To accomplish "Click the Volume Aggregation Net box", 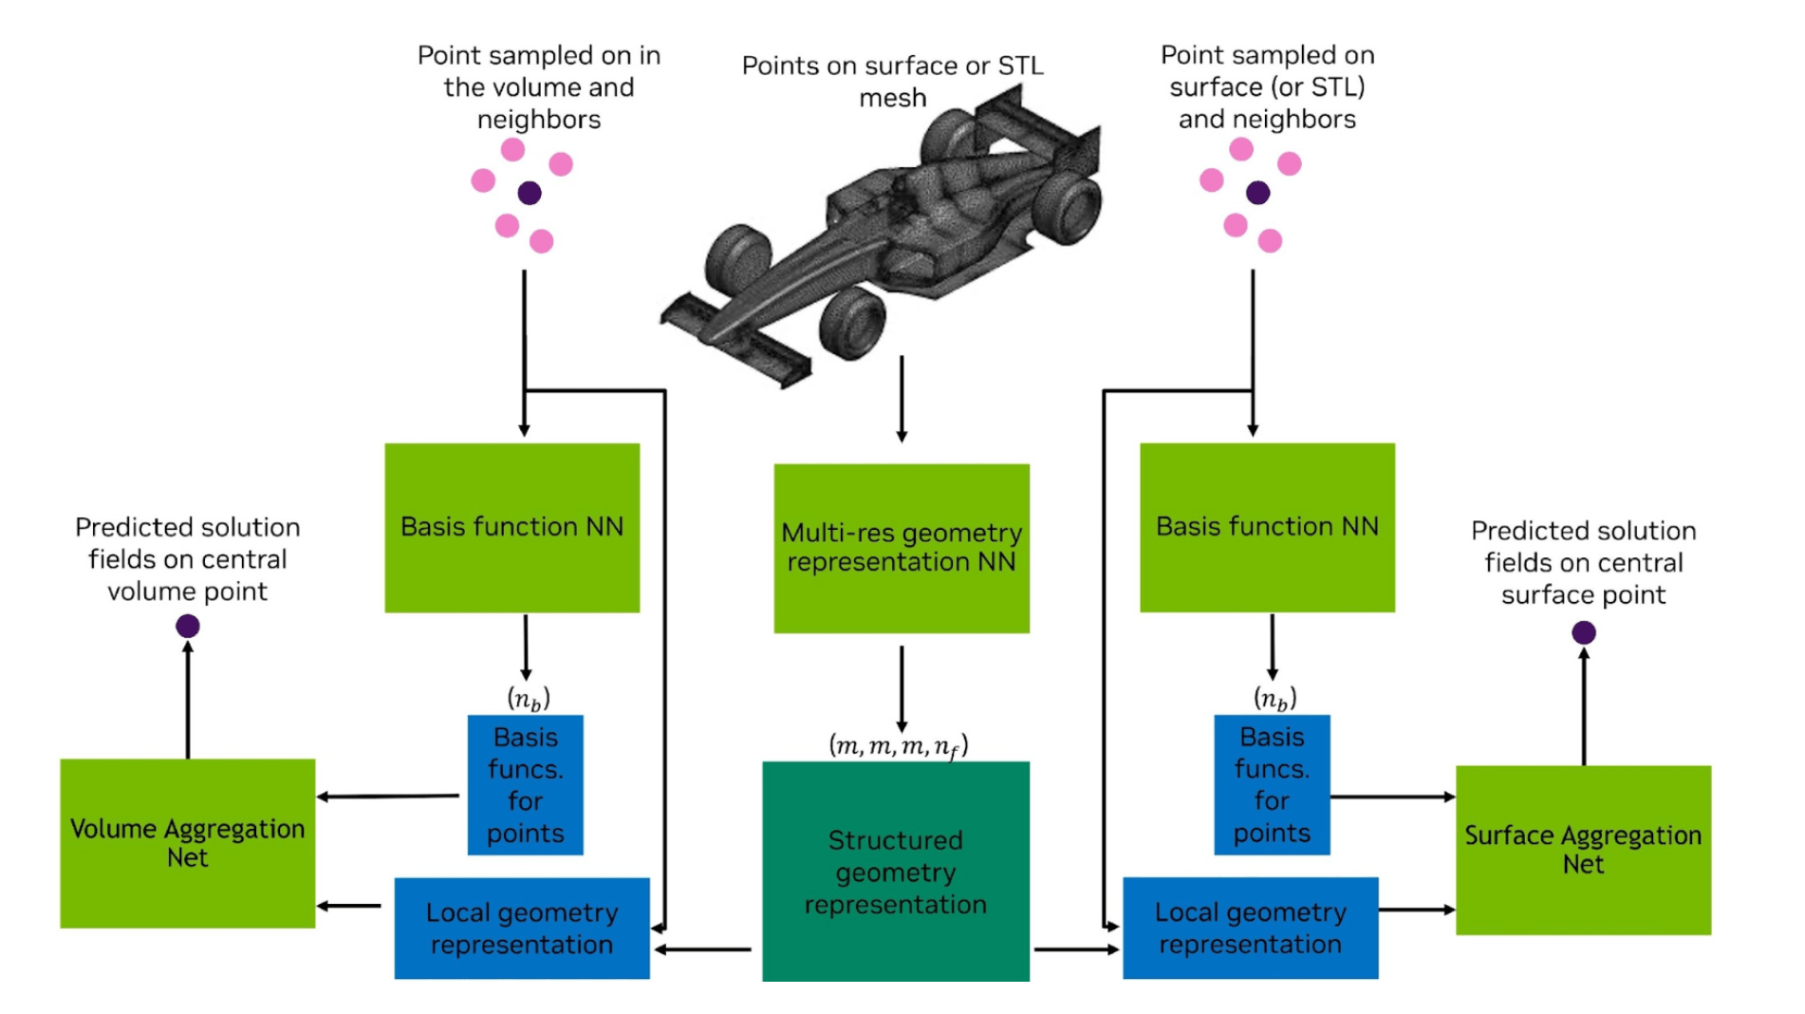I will click(x=187, y=843).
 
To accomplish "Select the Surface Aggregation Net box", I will click(x=1583, y=850).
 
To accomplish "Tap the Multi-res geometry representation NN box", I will click(x=901, y=548).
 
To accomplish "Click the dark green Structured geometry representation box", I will click(x=895, y=871).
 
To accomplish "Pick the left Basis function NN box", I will click(x=512, y=527).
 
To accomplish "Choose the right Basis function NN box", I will click(x=1267, y=527).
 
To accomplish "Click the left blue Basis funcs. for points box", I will click(x=525, y=784).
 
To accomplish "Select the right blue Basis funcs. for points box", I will click(x=1272, y=784).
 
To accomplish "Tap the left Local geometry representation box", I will click(x=521, y=928).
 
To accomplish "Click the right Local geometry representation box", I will click(x=1250, y=928).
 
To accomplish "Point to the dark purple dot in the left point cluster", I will click(x=530, y=193).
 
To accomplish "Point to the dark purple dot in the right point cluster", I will click(x=1257, y=193).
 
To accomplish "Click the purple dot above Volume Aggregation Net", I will click(x=188, y=626).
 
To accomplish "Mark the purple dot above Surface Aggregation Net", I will click(x=1583, y=632).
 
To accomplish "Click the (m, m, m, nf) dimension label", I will click(x=898, y=746).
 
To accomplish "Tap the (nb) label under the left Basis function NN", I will click(x=529, y=700).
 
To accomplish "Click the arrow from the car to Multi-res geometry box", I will click(x=902, y=399).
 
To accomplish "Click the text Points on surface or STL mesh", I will click(x=892, y=81).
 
